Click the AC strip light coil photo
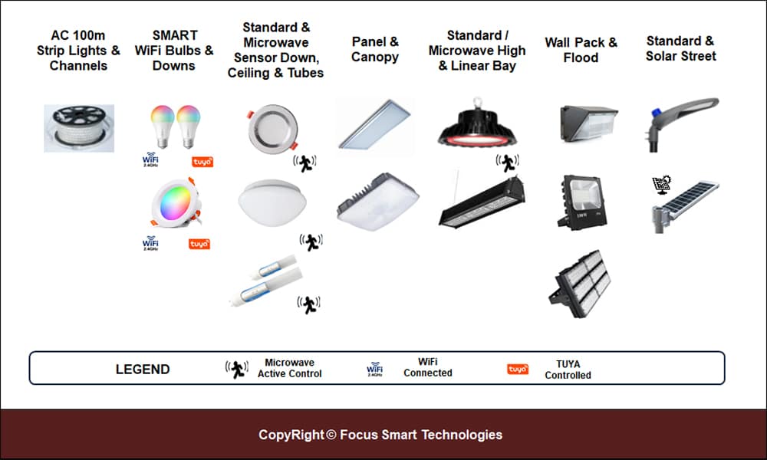pos(79,129)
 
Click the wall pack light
pos(588,123)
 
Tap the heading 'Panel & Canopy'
pos(375,49)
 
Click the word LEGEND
pos(143,369)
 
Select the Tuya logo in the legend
pos(518,370)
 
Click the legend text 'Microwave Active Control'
pos(290,368)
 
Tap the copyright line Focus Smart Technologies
pos(380,435)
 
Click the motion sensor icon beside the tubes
pos(308,304)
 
